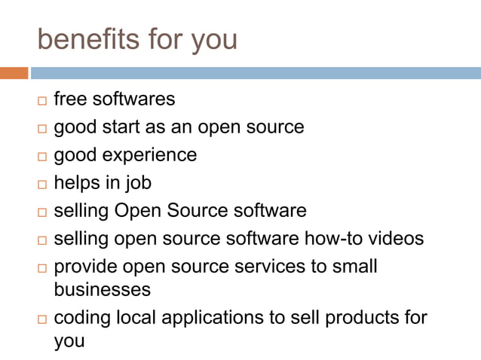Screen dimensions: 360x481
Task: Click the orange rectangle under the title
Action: pyautogui.click(x=14, y=73)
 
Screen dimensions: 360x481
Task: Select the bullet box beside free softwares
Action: pyautogui.click(x=41, y=100)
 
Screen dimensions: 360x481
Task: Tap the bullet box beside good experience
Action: pyautogui.click(x=41, y=157)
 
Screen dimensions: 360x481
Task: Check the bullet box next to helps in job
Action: pyautogui.click(x=41, y=185)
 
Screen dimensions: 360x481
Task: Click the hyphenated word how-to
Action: pyautogui.click(x=330, y=239)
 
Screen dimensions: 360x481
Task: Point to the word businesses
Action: pyautogui.click(x=103, y=289)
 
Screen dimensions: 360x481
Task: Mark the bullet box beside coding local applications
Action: pyautogui.click(x=41, y=319)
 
